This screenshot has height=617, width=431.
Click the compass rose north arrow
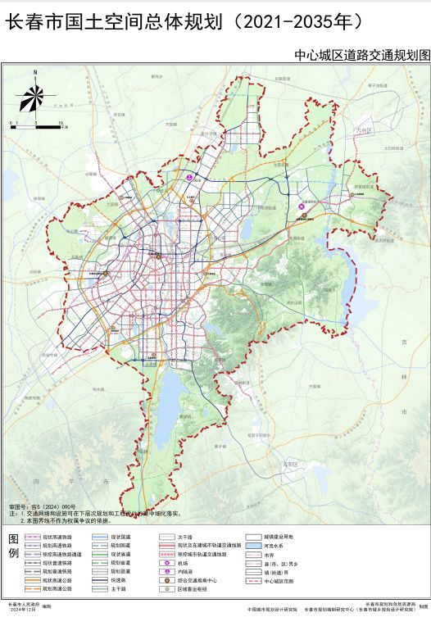point(34,96)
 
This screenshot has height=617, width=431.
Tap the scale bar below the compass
point(36,124)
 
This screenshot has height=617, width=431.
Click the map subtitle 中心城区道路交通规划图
point(361,55)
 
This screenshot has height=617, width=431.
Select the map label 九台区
point(363,131)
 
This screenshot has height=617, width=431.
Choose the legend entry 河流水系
point(273,546)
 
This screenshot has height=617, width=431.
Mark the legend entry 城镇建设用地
point(276,537)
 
